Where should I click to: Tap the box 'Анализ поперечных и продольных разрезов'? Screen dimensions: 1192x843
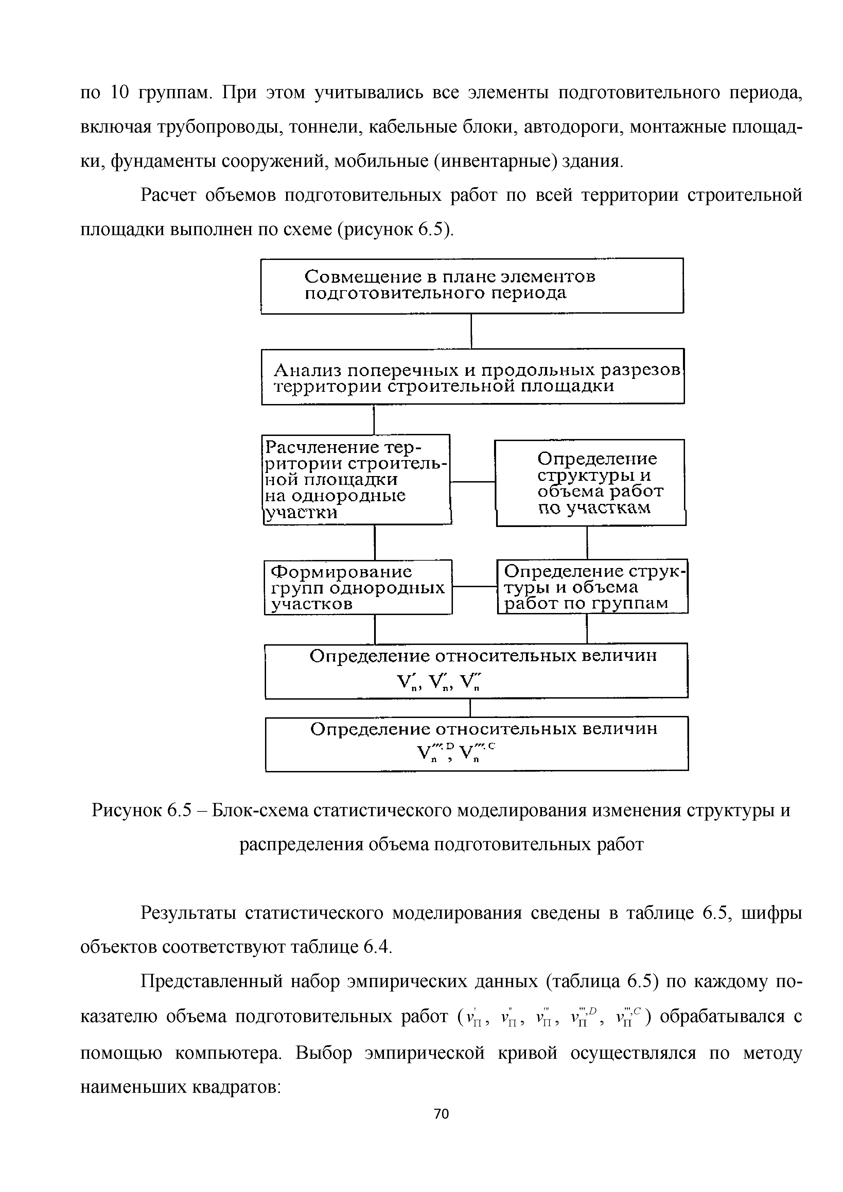point(472,376)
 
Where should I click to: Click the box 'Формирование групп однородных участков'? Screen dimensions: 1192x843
point(358,587)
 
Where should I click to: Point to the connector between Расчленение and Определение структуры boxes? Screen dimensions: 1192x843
point(472,482)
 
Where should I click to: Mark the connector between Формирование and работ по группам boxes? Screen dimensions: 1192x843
point(474,586)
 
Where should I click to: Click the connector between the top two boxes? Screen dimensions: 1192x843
point(471,331)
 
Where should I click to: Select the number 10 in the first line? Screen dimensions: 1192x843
point(119,92)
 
